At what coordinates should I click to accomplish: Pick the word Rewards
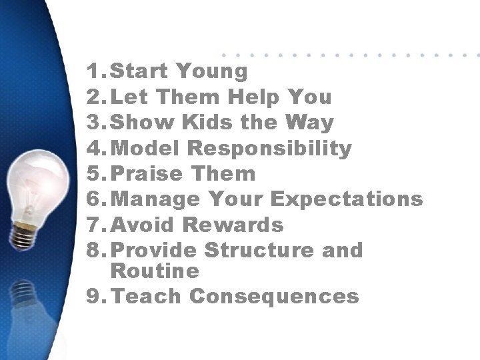(233, 225)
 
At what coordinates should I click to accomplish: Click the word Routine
(155, 271)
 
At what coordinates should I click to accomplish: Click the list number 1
(93, 71)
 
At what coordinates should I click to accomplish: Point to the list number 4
(93, 149)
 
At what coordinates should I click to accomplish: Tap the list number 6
(93, 199)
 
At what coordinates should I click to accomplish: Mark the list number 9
(93, 297)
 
